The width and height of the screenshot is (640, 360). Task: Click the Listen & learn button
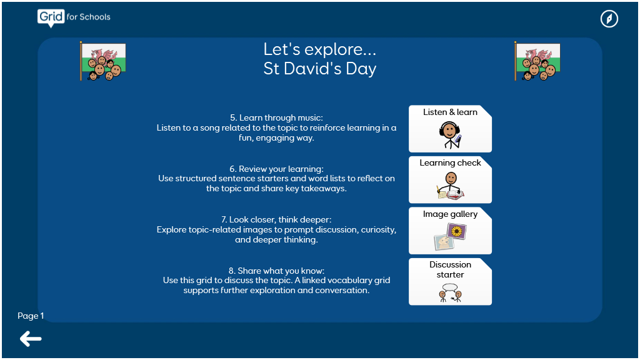(450, 129)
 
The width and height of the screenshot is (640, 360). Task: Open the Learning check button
(450, 179)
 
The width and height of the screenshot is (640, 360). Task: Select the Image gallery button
(450, 231)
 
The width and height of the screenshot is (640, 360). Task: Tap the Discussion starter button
(450, 282)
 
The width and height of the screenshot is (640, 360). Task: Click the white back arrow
(31, 339)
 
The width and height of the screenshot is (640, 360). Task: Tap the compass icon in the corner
(609, 19)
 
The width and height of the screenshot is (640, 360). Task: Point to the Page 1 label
(31, 316)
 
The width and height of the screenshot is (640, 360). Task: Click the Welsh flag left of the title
(103, 61)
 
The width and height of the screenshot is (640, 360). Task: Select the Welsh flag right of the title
(537, 61)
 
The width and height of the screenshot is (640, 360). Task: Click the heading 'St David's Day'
(319, 69)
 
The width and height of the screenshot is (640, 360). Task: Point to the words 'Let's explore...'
(319, 49)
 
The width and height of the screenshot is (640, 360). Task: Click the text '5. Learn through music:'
(276, 117)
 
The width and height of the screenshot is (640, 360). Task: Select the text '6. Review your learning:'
(276, 169)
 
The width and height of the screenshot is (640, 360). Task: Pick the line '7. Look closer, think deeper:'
(276, 219)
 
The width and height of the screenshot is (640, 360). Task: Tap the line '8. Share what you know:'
(276, 271)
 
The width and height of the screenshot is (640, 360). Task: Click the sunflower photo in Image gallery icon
(457, 231)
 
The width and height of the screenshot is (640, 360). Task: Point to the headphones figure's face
(449, 131)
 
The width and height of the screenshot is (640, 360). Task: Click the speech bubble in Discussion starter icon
(450, 287)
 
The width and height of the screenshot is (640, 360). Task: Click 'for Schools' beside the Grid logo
(89, 17)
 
